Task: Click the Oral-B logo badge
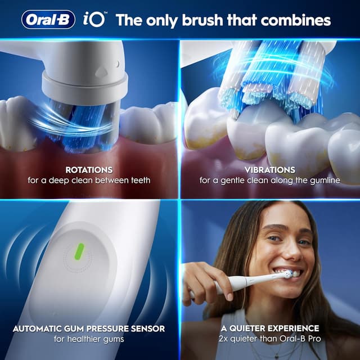(x=49, y=20)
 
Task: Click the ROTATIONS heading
(x=89, y=169)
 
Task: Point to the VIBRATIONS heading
(x=270, y=169)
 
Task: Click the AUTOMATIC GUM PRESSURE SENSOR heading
(x=89, y=328)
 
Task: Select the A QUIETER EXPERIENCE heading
(x=270, y=328)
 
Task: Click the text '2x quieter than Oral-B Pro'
(x=270, y=340)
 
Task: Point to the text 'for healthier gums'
(x=89, y=340)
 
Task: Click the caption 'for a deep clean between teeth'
(x=89, y=181)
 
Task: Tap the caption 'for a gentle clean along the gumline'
(x=270, y=181)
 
